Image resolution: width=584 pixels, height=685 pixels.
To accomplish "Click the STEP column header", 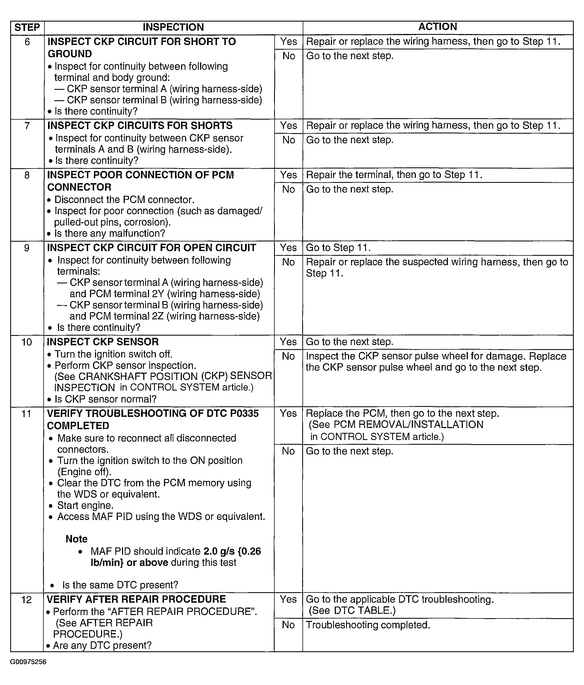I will point(27,27).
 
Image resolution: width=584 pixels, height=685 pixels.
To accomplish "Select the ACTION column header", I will point(438,27).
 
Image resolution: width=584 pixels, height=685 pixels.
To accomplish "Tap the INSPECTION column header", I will point(173,27).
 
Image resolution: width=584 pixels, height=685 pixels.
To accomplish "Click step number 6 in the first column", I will point(27,42).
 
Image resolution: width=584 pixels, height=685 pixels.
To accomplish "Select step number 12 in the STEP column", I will point(26,599).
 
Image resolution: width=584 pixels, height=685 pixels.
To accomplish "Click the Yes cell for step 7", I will point(288,126).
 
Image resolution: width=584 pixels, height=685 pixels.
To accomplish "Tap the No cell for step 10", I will point(288,356).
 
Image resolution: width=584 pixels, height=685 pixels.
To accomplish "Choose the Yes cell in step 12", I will point(288,599).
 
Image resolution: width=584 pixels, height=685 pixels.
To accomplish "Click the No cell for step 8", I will point(288,189).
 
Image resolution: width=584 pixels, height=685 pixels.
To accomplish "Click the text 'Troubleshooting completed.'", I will point(368,625).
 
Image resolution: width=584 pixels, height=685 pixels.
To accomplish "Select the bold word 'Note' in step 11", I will point(76,539).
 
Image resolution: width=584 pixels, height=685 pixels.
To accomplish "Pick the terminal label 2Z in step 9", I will point(158,316).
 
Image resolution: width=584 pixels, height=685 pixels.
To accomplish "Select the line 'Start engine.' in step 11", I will point(85,505).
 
